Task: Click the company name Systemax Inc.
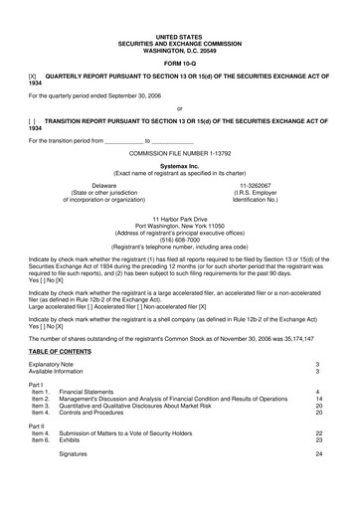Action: [x=180, y=166]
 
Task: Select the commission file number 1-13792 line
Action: [x=180, y=154]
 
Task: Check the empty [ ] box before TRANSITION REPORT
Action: [x=33, y=120]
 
